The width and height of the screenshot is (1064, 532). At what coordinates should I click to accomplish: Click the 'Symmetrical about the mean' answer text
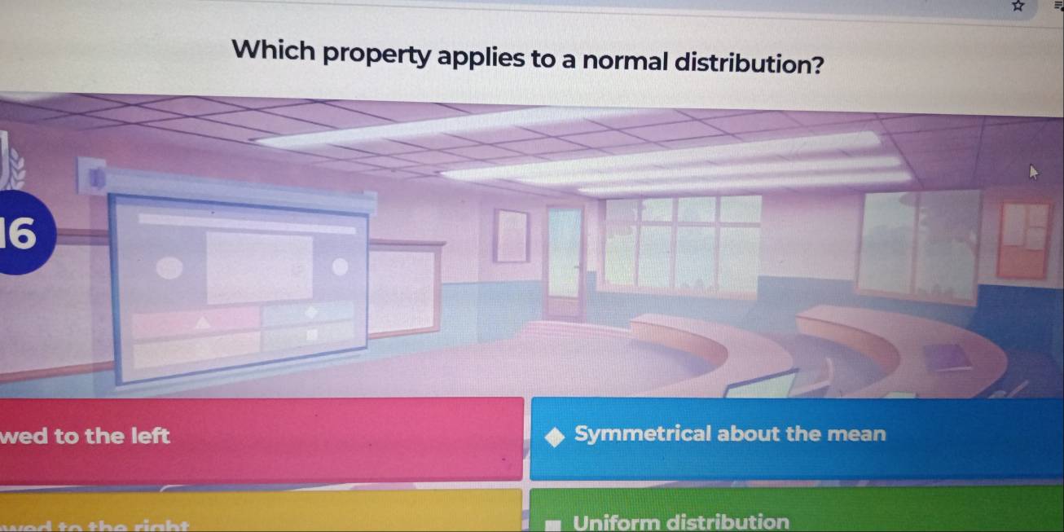729,434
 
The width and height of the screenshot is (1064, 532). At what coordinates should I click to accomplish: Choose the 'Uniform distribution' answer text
681,521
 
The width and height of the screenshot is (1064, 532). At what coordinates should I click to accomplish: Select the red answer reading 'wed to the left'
261,438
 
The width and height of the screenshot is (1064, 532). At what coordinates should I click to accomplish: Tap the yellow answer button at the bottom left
261,513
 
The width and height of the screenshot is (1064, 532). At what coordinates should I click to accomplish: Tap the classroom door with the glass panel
565,260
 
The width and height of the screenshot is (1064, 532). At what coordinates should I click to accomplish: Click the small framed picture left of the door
512,235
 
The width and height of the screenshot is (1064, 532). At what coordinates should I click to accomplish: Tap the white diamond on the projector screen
310,311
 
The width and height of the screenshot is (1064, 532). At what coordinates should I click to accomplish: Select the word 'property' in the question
380,55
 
